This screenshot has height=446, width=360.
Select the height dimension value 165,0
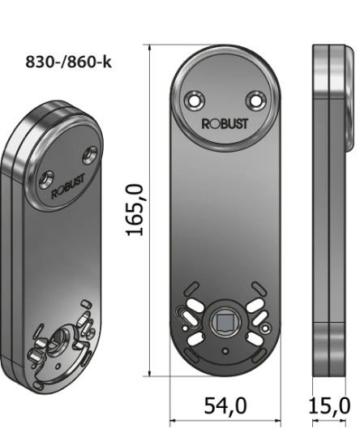coord(135,209)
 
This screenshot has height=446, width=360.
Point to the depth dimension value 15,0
coord(330,405)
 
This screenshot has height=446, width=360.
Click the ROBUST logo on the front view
coord(225,125)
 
